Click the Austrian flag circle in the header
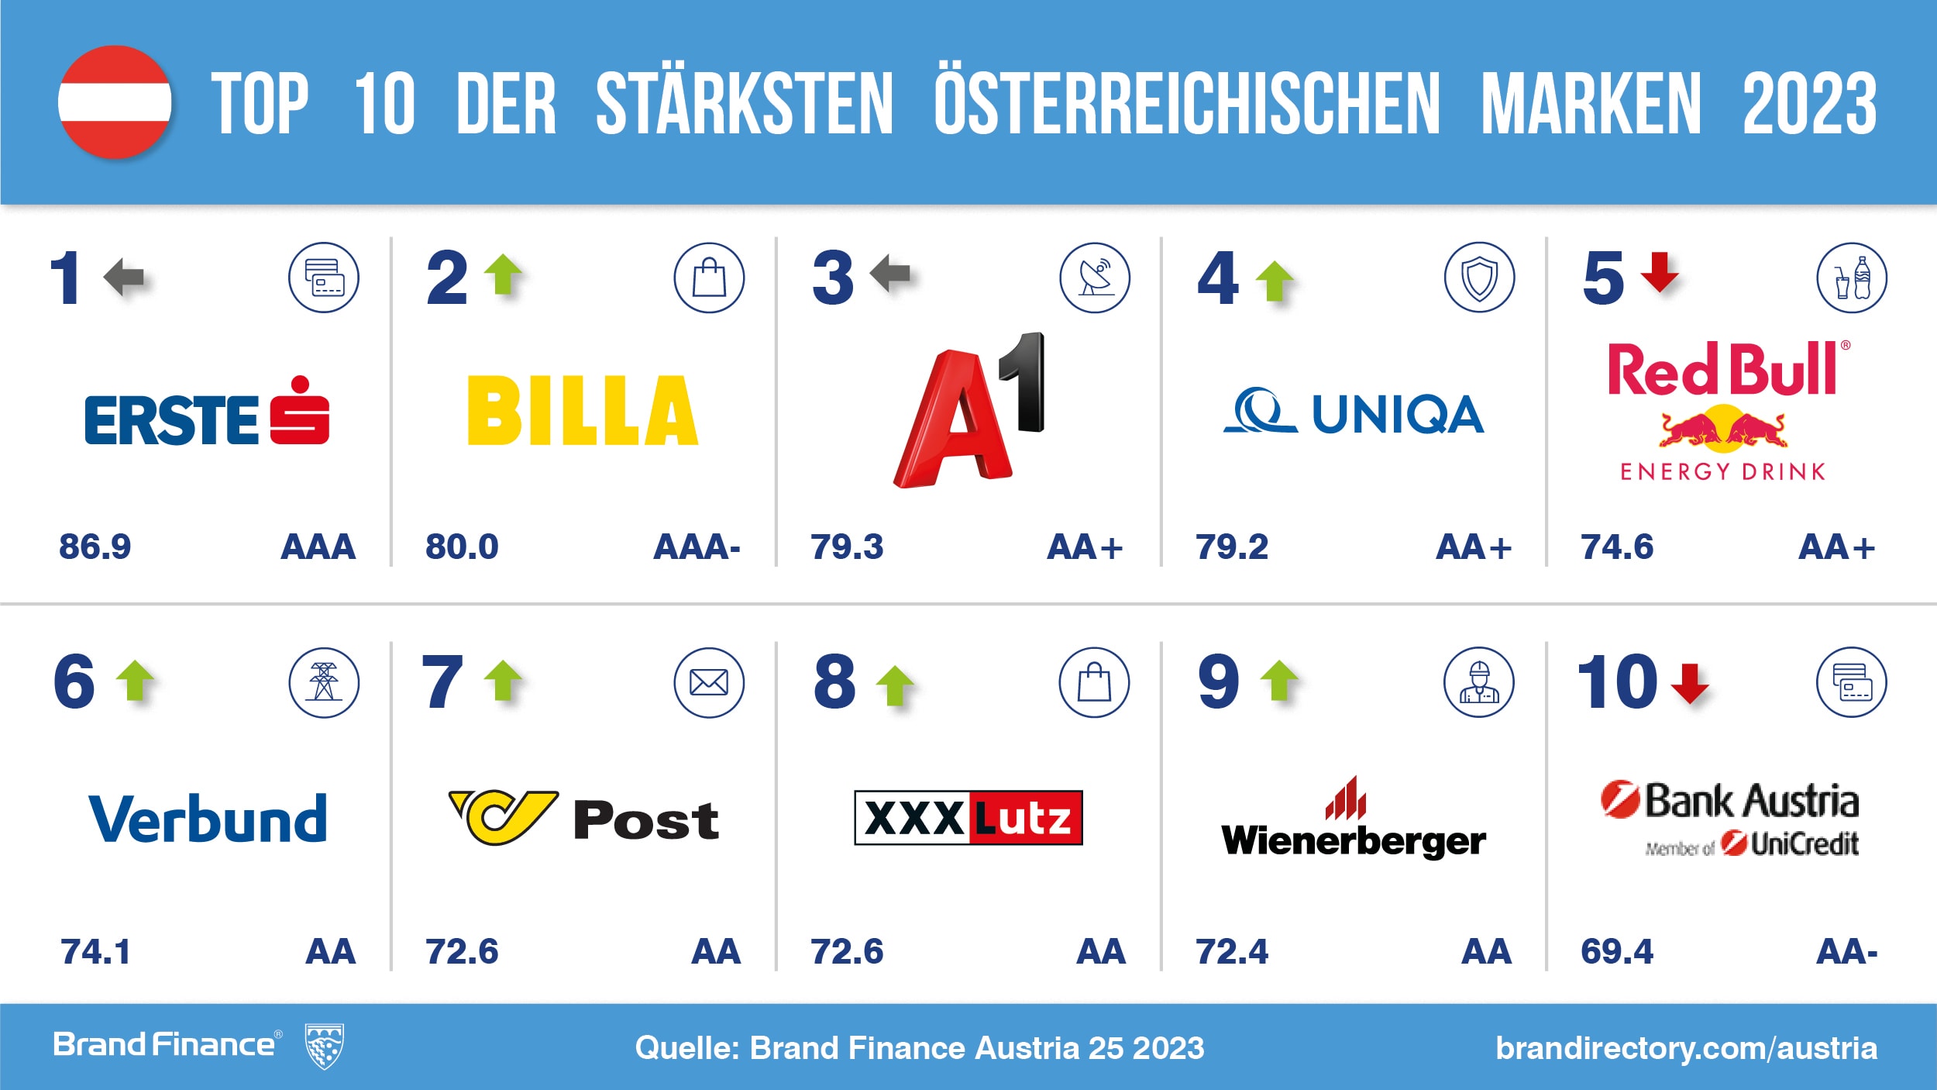coord(115,102)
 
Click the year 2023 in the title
coord(1809,103)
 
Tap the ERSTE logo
coord(207,414)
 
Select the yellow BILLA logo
coord(583,411)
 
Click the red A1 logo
coord(968,411)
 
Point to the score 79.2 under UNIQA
coord(1231,547)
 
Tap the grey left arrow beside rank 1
coord(124,278)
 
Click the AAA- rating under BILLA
coord(697,547)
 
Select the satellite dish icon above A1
coord(1094,278)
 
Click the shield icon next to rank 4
coord(1479,278)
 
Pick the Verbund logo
coord(208,819)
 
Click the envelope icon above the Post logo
coord(708,683)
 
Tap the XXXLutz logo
coord(968,818)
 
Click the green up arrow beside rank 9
coord(1279,681)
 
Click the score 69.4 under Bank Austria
coord(1616,952)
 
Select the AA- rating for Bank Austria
coord(1846,952)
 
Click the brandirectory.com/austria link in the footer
coord(1686,1048)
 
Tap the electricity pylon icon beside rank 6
coord(324,683)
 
